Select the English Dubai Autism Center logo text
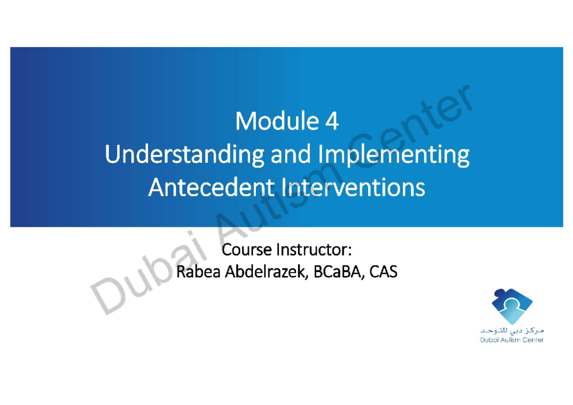[x=508, y=341]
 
